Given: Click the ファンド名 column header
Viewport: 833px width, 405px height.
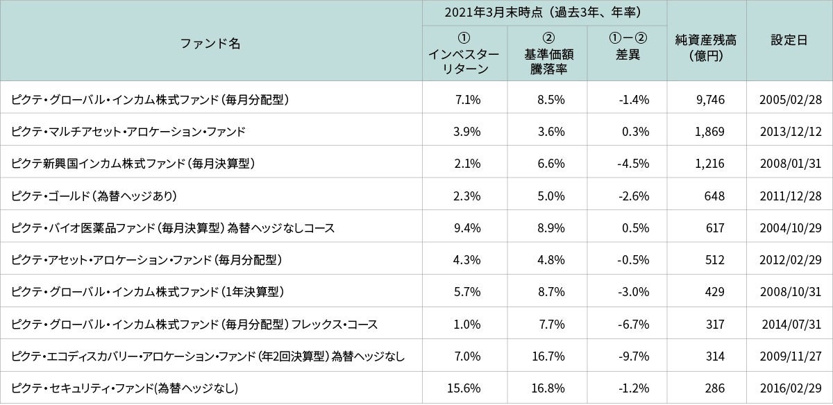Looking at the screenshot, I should (x=210, y=43).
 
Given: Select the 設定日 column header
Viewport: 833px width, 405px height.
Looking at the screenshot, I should (x=789, y=40).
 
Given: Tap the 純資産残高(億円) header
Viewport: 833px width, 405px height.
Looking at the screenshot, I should (x=705, y=48).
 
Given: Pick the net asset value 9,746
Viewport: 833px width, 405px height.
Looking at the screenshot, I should (x=709, y=99).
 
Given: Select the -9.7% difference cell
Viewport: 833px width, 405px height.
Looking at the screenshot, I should (x=633, y=356).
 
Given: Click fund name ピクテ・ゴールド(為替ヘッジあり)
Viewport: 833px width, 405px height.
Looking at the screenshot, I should (x=94, y=196).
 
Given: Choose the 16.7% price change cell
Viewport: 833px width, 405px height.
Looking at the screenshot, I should (x=550, y=356).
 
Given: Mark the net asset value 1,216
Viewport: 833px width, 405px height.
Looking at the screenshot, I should (x=709, y=164).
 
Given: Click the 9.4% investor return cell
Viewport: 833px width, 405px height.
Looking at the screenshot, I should (x=468, y=227).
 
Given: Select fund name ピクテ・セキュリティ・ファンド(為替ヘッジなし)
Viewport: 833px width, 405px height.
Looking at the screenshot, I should (x=125, y=388).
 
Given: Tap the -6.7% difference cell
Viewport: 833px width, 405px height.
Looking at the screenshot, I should (x=633, y=324).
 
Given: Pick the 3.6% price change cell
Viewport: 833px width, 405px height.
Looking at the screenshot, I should (x=551, y=131).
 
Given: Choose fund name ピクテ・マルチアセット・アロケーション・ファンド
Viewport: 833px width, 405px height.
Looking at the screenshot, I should (x=128, y=131).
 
